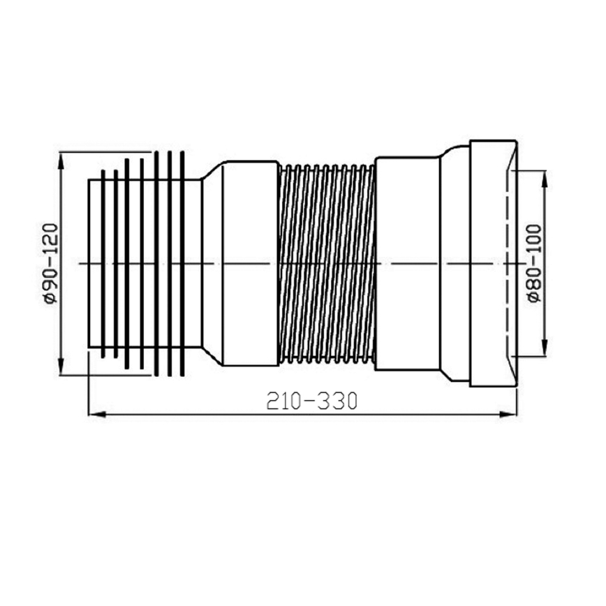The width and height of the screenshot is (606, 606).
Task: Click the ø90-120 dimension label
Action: [x=50, y=263]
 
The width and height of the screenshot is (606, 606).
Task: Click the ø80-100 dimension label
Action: [x=534, y=263]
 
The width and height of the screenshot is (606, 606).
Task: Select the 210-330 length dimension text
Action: [x=311, y=401]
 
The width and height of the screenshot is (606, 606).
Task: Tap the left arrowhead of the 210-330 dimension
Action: [x=94, y=415]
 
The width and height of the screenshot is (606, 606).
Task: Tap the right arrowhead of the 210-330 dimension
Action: [x=511, y=415]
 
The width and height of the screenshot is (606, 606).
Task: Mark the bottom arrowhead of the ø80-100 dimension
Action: [x=545, y=352]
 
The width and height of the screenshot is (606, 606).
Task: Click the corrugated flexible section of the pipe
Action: [x=326, y=264]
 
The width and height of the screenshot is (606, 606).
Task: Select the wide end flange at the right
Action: [x=492, y=263]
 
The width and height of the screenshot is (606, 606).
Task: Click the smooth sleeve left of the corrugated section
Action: [x=250, y=263]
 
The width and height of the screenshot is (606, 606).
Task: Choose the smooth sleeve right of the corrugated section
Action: [x=407, y=263]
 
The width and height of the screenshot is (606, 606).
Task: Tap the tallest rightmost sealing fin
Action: [x=182, y=263]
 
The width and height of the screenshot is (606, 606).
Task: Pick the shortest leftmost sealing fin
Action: [x=103, y=263]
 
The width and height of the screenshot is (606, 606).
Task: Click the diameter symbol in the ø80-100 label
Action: [x=534, y=296]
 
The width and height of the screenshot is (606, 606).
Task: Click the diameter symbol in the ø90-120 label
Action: [x=50, y=299]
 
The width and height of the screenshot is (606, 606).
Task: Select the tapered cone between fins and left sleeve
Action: [x=212, y=263]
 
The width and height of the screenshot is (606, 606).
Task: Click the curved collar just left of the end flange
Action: [x=454, y=263]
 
